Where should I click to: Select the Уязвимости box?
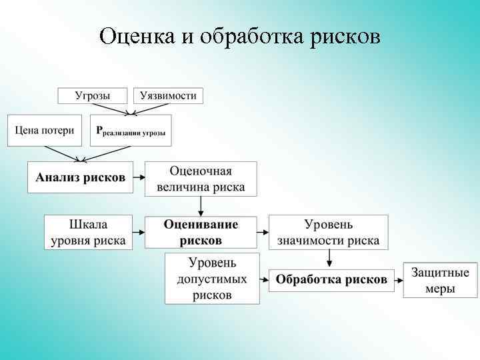pos(168,95)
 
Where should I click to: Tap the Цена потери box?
pos(45,130)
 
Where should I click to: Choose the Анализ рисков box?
pos(80,178)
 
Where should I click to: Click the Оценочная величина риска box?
pos(201,178)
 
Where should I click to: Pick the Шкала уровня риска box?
pos(88,232)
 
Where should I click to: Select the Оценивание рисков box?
pos(201,232)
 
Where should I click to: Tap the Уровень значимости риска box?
pos(328,232)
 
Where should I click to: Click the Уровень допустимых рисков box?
pos(212,279)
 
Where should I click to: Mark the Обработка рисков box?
pos(331,279)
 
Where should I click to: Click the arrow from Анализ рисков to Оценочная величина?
pos(139,178)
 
